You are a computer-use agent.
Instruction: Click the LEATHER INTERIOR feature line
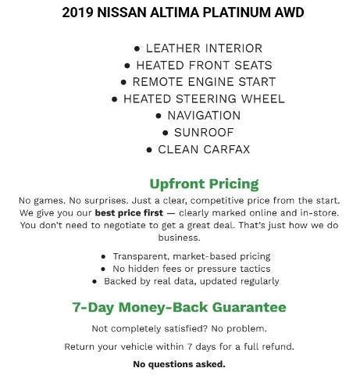pos(198,48)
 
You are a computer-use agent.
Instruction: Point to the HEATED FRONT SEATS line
pos(198,65)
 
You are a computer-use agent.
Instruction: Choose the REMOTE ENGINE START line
pos(198,82)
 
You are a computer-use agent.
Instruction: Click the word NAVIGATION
pos(204,116)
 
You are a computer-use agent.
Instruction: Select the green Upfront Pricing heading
pos(203,184)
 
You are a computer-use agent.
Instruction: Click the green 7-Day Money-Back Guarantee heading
pos(179,307)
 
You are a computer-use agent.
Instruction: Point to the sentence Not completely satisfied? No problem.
pos(179,328)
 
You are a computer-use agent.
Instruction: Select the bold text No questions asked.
pos(179,364)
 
